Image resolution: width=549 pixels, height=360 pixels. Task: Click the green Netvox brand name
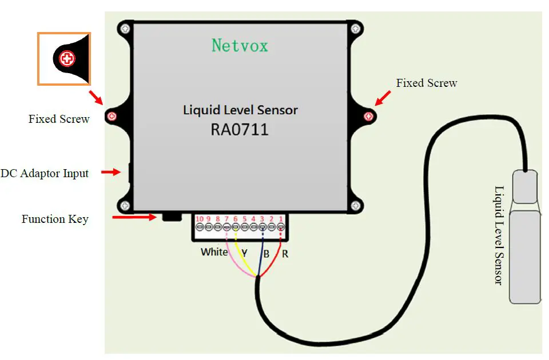tap(240, 45)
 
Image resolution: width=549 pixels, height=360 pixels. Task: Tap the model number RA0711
tap(239, 130)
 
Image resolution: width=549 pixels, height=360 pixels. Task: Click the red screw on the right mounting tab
tap(369, 117)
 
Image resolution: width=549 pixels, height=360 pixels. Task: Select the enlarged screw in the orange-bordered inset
tap(67, 58)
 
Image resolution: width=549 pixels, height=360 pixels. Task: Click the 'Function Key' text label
tap(55, 219)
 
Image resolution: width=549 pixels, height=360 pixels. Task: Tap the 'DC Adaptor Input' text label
tap(45, 173)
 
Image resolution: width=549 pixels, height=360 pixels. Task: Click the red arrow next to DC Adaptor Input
tap(110, 172)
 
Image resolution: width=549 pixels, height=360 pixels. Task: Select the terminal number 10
tap(200, 219)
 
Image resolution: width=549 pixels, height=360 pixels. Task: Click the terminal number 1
tap(281, 219)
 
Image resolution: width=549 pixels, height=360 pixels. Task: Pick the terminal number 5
tap(245, 219)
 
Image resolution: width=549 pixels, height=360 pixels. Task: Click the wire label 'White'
tap(214, 252)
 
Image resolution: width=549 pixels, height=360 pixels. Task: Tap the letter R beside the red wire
tap(285, 254)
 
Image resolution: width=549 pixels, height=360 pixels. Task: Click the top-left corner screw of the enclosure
tap(125, 28)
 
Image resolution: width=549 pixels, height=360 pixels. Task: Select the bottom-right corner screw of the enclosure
tap(356, 205)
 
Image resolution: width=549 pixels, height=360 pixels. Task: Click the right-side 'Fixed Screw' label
tap(427, 83)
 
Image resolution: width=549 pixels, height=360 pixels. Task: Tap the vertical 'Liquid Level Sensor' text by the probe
tap(499, 235)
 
